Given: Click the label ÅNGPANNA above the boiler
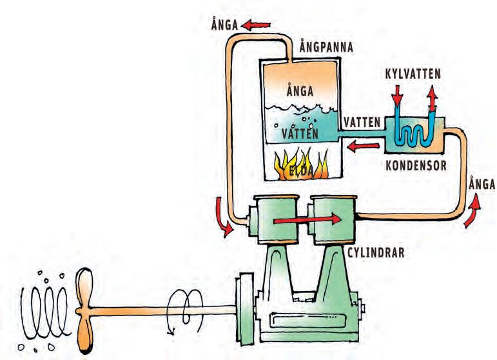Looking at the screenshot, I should (328, 48).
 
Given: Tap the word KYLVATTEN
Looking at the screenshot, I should (414, 74).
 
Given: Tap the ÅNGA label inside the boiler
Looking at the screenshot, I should (298, 90).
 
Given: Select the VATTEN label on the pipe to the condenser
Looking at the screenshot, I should (362, 121).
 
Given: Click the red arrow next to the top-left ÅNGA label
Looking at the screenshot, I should (257, 25).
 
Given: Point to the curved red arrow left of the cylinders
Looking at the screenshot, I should (222, 216).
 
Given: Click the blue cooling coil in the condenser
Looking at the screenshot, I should (411, 132).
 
